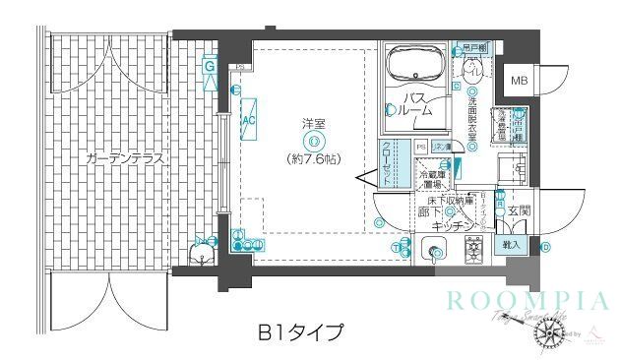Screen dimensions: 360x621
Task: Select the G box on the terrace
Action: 210,66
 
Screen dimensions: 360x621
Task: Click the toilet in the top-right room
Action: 471,68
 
